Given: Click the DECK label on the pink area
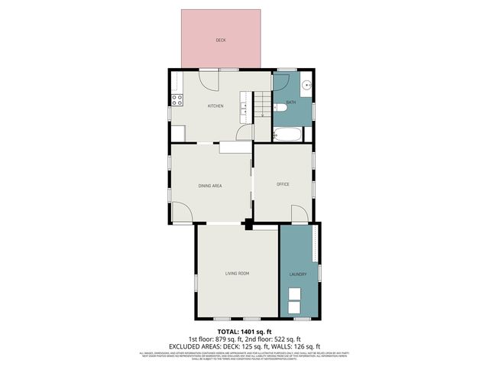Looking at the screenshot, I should [221, 40].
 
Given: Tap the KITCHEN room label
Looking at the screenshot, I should [215, 106].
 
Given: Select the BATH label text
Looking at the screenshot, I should [290, 102].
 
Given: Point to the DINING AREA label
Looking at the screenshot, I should [210, 186].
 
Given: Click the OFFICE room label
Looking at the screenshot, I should [282, 184].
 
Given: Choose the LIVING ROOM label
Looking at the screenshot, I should [237, 273].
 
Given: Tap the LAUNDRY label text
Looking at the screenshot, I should [298, 274].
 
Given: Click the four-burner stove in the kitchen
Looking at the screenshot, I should [176, 99].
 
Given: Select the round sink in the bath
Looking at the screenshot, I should [306, 86].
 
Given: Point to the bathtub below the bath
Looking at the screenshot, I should [288, 135].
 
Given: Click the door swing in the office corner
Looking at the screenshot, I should [298, 213].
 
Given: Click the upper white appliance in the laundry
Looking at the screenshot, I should [293, 294].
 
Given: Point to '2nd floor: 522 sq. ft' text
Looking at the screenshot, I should [272, 339].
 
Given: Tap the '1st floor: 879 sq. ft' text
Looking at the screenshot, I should [215, 339].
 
